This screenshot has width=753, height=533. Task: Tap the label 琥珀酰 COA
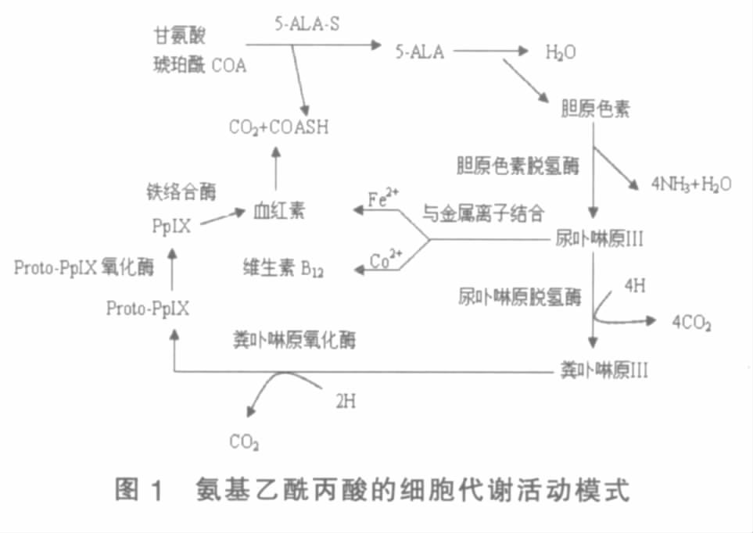[199, 66]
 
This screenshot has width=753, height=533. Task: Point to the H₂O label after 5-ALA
[561, 53]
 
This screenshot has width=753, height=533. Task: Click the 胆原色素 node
[595, 108]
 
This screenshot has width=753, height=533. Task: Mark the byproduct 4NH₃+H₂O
[690, 184]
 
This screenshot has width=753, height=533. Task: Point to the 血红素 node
[278, 210]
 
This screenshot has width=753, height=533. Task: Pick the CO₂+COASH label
[278, 127]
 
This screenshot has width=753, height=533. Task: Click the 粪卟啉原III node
[604, 368]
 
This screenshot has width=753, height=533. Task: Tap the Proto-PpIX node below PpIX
[148, 308]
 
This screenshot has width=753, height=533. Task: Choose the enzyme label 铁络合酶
[181, 191]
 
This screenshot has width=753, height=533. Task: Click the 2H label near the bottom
[346, 402]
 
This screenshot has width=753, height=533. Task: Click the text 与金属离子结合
[483, 212]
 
